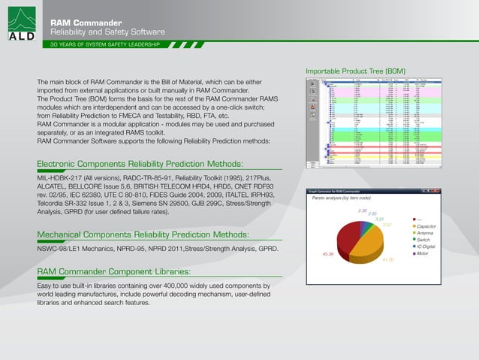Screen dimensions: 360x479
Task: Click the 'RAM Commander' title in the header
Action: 82,23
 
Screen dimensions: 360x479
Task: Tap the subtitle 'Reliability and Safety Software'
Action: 107,32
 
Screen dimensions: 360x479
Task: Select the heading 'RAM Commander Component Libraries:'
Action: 113,271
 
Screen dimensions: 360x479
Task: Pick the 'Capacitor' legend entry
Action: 427,226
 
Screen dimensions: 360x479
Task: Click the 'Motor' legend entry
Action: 423,253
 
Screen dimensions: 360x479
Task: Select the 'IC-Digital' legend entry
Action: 426,247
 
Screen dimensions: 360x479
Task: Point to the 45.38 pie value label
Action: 327,255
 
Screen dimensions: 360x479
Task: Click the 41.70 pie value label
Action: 388,259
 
